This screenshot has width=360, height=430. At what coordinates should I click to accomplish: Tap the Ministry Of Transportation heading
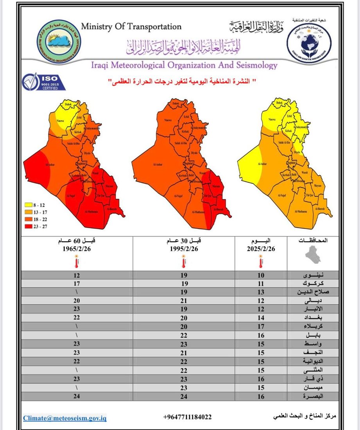131,27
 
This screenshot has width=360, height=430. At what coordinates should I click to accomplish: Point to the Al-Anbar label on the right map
262,165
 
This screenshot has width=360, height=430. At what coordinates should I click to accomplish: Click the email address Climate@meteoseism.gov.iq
64,418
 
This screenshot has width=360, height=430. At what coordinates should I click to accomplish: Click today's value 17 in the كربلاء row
261,327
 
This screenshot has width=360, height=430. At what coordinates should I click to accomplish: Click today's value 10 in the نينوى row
261,275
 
